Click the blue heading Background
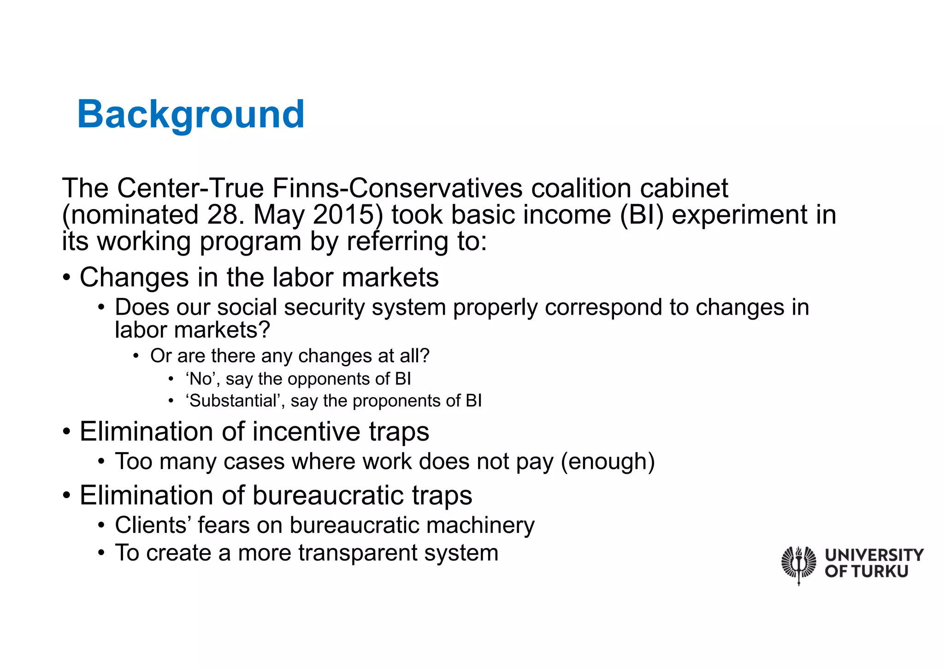[x=190, y=114]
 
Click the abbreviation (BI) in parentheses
[x=642, y=215]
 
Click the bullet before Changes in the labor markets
[x=67, y=278]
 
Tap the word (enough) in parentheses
[x=608, y=462]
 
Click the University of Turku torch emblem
[x=799, y=564]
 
